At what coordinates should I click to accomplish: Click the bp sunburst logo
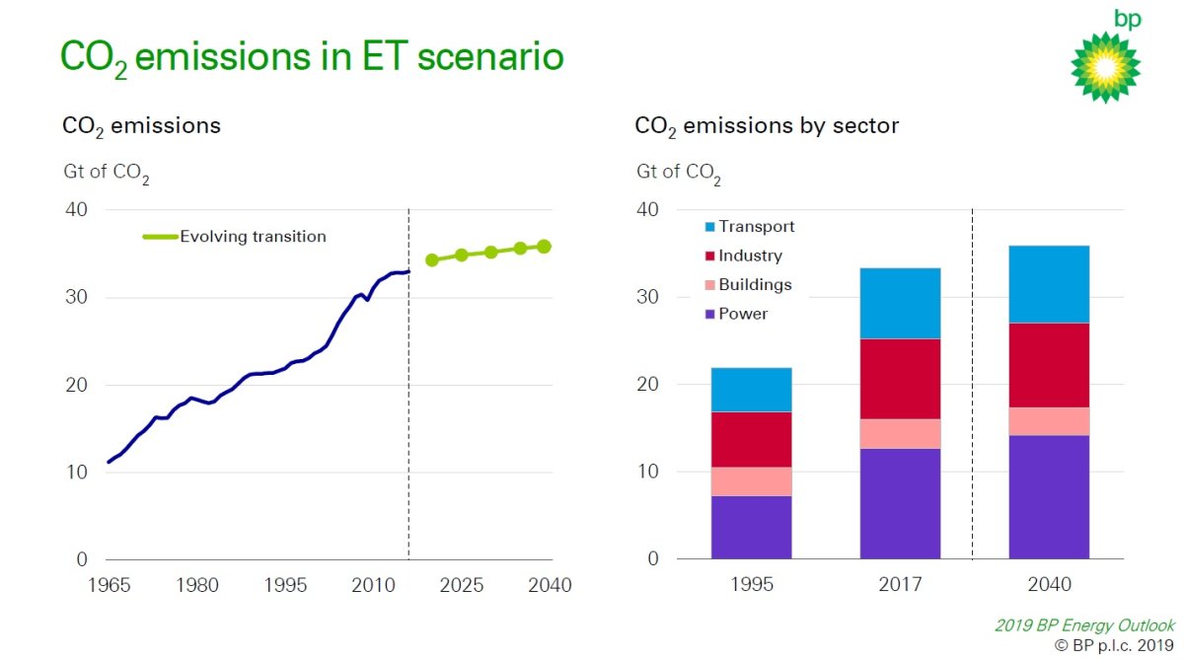click(1105, 66)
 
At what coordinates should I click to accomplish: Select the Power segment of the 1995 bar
click(751, 527)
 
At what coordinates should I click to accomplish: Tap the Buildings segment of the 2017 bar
click(900, 434)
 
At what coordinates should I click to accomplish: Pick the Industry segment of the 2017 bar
click(900, 379)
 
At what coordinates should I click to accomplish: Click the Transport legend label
click(757, 227)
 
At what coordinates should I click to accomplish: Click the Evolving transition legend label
click(253, 237)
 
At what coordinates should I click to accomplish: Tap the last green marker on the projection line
click(544, 247)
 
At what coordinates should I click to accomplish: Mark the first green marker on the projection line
click(432, 260)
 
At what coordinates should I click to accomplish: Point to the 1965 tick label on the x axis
click(109, 585)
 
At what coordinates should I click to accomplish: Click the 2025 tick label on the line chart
click(461, 585)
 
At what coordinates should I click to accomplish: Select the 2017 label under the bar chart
click(900, 585)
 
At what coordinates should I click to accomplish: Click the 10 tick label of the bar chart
click(648, 473)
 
